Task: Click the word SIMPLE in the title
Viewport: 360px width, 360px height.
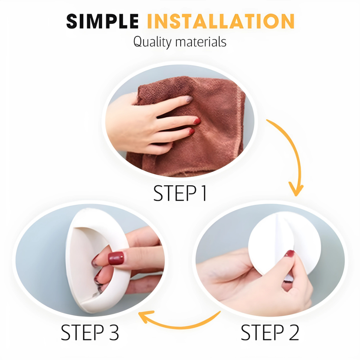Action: pos(102,21)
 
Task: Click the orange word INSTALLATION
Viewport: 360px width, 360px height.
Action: pos(221,21)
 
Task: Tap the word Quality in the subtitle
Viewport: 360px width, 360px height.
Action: pos(152,42)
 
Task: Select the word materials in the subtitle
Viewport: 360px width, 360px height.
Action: pos(201,42)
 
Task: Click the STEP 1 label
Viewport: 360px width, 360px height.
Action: pos(180,193)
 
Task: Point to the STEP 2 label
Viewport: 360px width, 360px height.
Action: pos(270,332)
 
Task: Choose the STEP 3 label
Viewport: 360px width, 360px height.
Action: pos(90,332)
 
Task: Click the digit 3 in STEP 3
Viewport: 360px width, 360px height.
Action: pos(113,332)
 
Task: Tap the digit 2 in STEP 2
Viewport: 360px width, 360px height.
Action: pos(294,332)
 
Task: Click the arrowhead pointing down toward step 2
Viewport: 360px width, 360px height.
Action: pos(296,189)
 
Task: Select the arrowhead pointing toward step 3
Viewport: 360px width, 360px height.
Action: pos(146,316)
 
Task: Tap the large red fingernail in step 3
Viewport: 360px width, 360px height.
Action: pos(116,258)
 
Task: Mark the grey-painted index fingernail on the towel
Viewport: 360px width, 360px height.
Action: pos(189,99)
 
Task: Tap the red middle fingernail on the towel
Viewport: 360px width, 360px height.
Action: pos(197,121)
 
